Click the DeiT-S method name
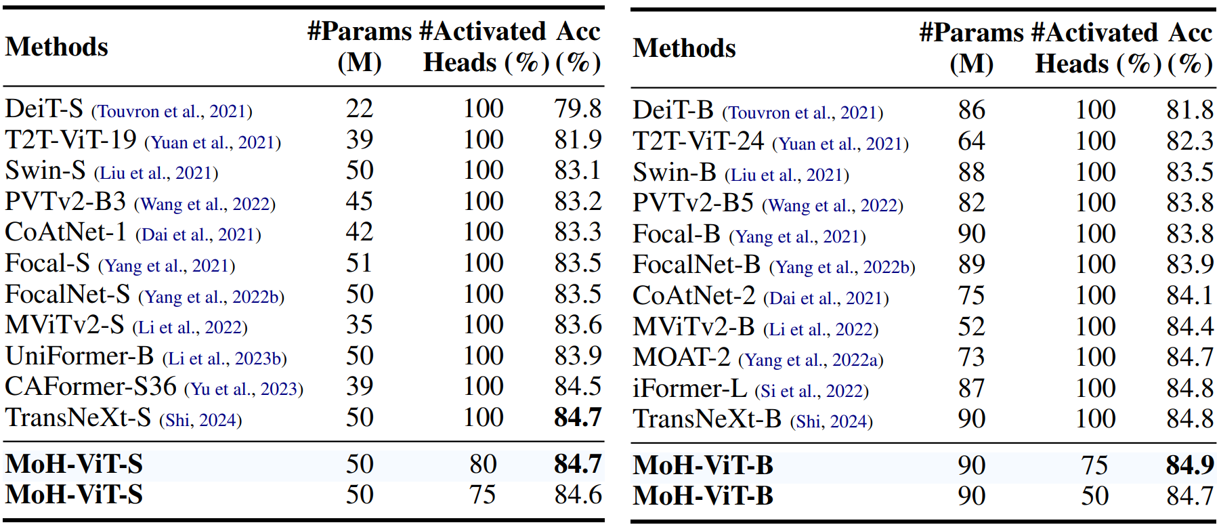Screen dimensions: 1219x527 44,108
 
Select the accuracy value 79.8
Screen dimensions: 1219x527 578,108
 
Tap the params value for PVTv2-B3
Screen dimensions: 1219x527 360,201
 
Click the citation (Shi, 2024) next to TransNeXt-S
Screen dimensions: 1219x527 200,420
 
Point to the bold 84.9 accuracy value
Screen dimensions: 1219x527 1190,465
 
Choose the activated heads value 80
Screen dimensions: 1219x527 483,464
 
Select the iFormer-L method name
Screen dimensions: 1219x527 689,388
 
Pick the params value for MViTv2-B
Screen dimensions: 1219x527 971,326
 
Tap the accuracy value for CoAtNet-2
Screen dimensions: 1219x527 1190,295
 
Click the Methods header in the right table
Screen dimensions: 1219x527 684,48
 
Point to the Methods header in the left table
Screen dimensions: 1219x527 57,47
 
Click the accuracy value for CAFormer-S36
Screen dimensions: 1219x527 578,386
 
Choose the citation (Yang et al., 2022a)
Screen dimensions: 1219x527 811,360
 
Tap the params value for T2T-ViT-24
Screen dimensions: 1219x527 971,141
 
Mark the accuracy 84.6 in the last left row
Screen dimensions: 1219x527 578,494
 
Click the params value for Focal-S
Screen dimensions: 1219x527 360,263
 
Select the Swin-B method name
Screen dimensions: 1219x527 675,172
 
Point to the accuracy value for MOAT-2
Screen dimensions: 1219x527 1190,357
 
